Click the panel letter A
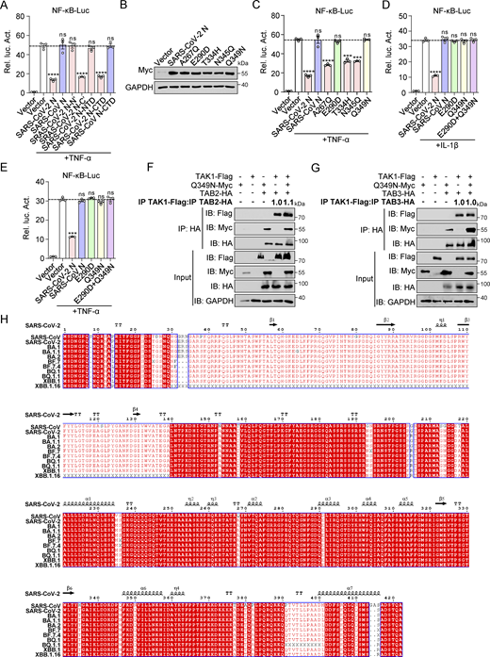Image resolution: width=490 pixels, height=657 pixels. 5,7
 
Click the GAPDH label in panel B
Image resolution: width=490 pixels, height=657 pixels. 126,85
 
